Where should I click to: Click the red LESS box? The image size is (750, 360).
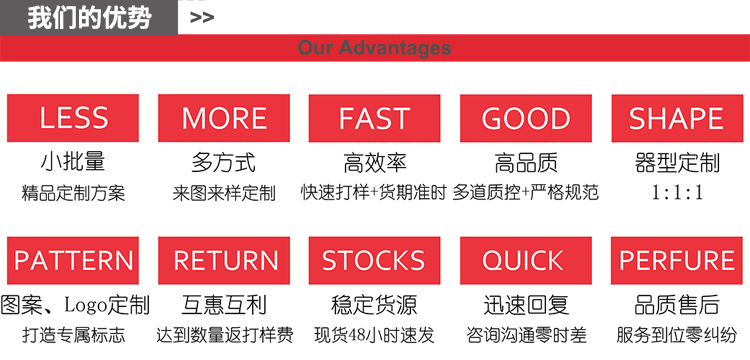click(x=74, y=118)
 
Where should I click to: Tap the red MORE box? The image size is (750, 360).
click(x=224, y=118)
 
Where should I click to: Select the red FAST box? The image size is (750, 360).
click(x=374, y=118)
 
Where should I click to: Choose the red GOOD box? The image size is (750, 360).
click(x=525, y=118)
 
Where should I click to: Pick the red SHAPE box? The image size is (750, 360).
click(x=675, y=118)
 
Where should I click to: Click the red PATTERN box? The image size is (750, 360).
click(x=74, y=260)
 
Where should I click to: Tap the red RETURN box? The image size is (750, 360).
click(x=224, y=260)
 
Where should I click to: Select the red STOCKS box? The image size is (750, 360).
click(x=374, y=260)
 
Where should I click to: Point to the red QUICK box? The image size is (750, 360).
click(x=525, y=260)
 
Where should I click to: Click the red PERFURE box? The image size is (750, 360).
click(x=675, y=260)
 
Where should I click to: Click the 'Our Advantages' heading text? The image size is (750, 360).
click(x=374, y=48)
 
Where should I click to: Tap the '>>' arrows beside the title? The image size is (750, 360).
click(x=201, y=17)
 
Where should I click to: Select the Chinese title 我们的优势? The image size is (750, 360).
click(x=89, y=17)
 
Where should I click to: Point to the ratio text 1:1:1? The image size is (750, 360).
click(x=677, y=193)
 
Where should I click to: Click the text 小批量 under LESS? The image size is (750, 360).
click(x=73, y=162)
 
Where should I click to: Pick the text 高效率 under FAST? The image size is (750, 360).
click(x=374, y=162)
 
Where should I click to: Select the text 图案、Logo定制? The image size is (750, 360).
click(x=76, y=305)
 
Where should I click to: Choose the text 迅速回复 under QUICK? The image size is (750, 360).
click(x=525, y=305)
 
